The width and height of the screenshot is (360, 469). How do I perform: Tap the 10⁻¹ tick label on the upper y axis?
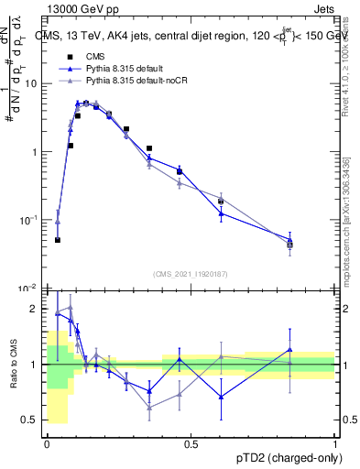tap(29, 220)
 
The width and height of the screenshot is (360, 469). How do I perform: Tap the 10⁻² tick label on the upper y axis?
tap(29, 288)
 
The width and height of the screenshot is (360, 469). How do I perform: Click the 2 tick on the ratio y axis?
tap(35, 309)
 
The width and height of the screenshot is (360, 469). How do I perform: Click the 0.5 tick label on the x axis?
tap(191, 444)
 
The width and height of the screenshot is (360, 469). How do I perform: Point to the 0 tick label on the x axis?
tap(47, 444)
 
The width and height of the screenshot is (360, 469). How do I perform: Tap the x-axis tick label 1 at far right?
tap(335, 444)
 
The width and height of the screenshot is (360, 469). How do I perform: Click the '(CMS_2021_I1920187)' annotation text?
tap(191, 273)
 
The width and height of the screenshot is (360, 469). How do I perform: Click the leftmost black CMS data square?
tap(58, 240)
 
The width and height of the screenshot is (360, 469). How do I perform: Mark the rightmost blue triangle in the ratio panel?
tap(290, 349)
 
